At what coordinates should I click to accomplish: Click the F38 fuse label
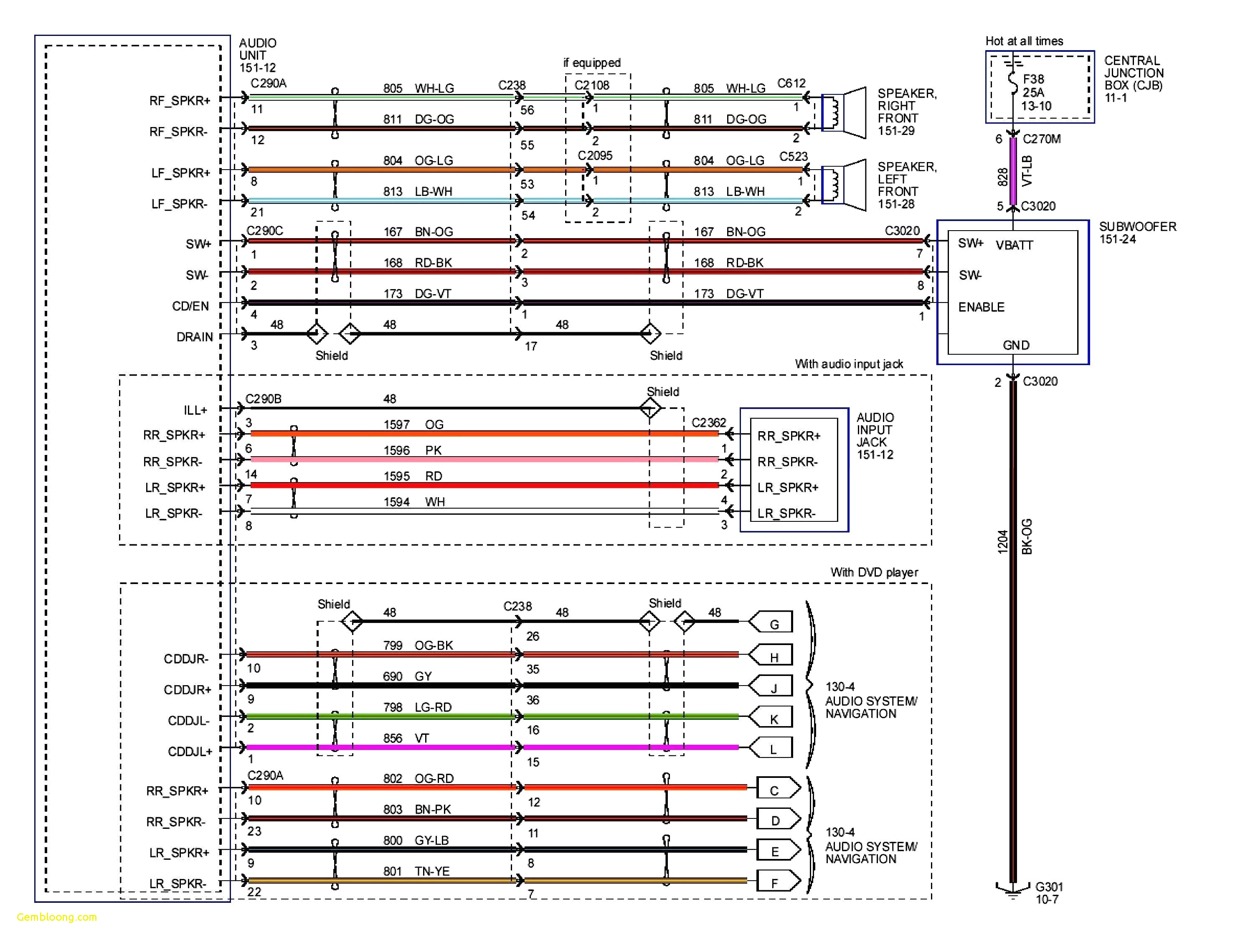(x=1033, y=79)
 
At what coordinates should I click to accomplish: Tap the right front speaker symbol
(x=845, y=113)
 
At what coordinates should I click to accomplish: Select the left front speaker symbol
(x=845, y=185)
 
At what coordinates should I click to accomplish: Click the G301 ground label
(x=1048, y=887)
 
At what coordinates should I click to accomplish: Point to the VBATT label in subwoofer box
(x=1014, y=245)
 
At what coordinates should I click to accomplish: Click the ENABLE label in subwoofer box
(x=981, y=307)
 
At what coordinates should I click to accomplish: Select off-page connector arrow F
(x=777, y=882)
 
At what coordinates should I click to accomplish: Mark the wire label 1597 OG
(x=413, y=424)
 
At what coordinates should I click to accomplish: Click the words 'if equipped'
(x=591, y=62)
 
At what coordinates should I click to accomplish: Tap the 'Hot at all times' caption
(x=1024, y=41)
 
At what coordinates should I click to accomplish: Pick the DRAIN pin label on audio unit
(x=194, y=337)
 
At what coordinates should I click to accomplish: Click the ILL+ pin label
(x=195, y=410)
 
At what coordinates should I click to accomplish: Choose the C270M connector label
(x=1041, y=139)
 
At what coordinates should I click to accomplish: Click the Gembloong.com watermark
(x=57, y=917)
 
